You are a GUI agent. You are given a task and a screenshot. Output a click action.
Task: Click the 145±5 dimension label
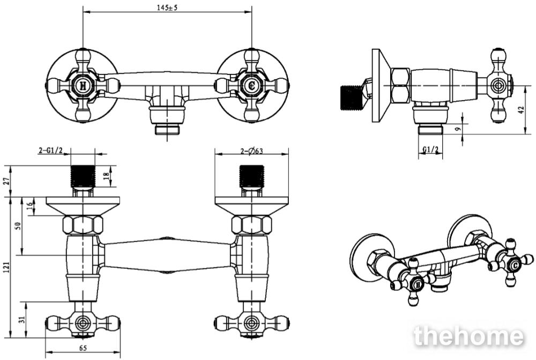coord(167,8)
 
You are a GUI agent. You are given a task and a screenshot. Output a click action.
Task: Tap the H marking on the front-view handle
coord(83,85)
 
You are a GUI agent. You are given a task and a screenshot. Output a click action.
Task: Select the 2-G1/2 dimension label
coord(51,151)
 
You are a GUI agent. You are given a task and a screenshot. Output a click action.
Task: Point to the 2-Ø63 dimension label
coord(251,151)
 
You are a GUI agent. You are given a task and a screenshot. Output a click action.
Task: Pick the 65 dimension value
coord(83,348)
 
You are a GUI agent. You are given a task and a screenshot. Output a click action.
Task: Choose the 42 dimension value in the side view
coord(520,110)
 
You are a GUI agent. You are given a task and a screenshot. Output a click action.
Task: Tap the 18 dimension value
coord(106,176)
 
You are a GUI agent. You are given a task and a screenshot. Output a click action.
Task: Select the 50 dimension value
coord(18,226)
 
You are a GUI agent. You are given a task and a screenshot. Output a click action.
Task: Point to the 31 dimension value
coord(23,320)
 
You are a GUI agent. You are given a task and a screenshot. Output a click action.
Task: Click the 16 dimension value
coord(30,206)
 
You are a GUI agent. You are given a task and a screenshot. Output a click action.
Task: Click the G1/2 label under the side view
coord(430,149)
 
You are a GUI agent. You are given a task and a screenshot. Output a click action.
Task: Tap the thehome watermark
coord(468,336)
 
